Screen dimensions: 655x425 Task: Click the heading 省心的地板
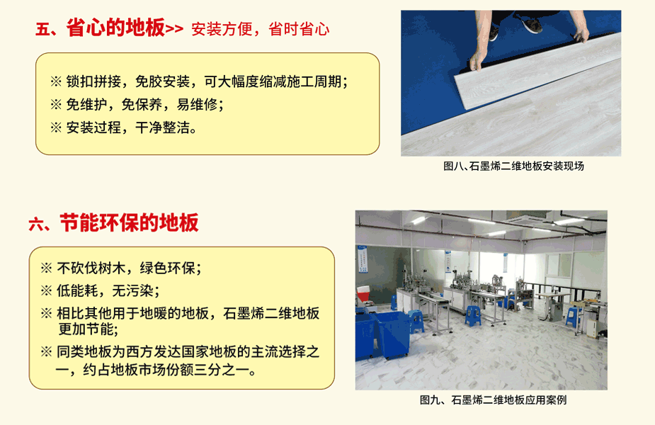115,28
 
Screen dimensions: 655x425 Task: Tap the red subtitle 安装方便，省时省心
261,29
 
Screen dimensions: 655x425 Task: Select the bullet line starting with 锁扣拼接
199,81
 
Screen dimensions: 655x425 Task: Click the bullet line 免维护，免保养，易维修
137,104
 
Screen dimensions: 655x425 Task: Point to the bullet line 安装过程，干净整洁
123,127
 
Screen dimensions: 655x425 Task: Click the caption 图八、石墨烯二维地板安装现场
513,166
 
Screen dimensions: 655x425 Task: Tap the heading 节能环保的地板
129,222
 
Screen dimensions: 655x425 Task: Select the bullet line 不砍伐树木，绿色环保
120,268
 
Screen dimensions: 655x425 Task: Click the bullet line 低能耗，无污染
100,290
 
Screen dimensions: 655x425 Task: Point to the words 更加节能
88,329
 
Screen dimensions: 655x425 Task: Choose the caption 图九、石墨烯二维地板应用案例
493,400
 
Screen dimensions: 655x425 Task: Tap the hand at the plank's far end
581,35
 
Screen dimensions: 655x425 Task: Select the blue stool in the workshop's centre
472,316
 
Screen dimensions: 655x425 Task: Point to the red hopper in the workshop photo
363,293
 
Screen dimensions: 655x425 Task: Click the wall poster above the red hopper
363,259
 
